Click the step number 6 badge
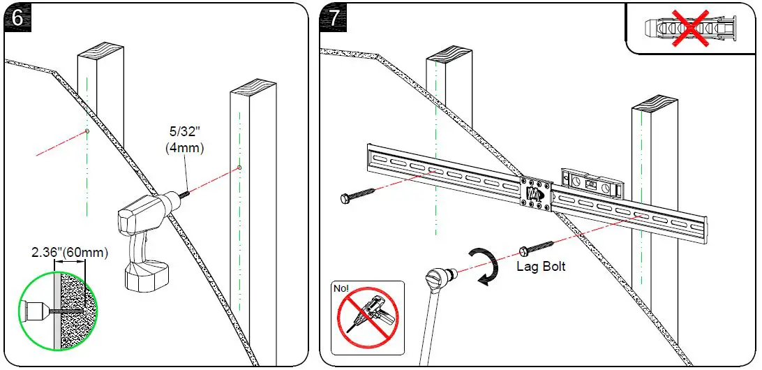point(17,17)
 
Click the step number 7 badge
point(334,17)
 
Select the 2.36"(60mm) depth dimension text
point(70,252)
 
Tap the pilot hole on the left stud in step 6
point(86,131)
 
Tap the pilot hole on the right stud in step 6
point(239,168)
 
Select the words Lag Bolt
point(540,266)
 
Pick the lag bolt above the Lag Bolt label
point(537,248)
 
